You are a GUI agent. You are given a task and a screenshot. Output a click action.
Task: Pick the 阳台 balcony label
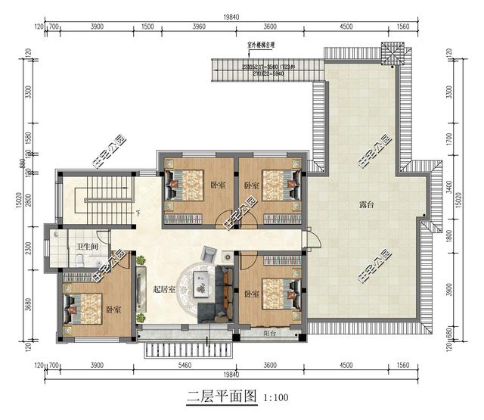(269, 333)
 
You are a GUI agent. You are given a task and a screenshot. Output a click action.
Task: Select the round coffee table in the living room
(199, 284)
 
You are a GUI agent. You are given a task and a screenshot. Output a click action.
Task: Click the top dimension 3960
(199, 27)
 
